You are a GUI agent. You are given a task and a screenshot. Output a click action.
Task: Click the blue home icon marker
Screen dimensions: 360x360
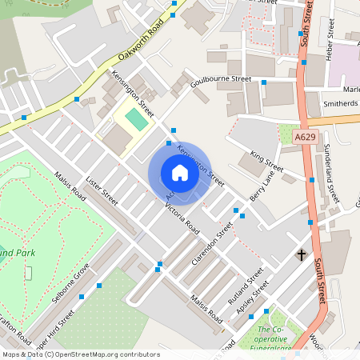(179, 173)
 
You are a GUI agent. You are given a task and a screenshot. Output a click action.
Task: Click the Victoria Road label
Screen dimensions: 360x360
(182, 216)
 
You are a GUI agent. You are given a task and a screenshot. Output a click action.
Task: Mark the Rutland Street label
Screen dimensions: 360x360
(245, 290)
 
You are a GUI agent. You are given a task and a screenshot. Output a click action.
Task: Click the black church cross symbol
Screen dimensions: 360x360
(302, 255)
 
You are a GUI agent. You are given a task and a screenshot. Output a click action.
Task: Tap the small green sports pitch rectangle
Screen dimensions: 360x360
(137, 120)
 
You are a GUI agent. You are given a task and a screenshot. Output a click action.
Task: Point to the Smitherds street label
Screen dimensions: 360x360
(339, 104)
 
